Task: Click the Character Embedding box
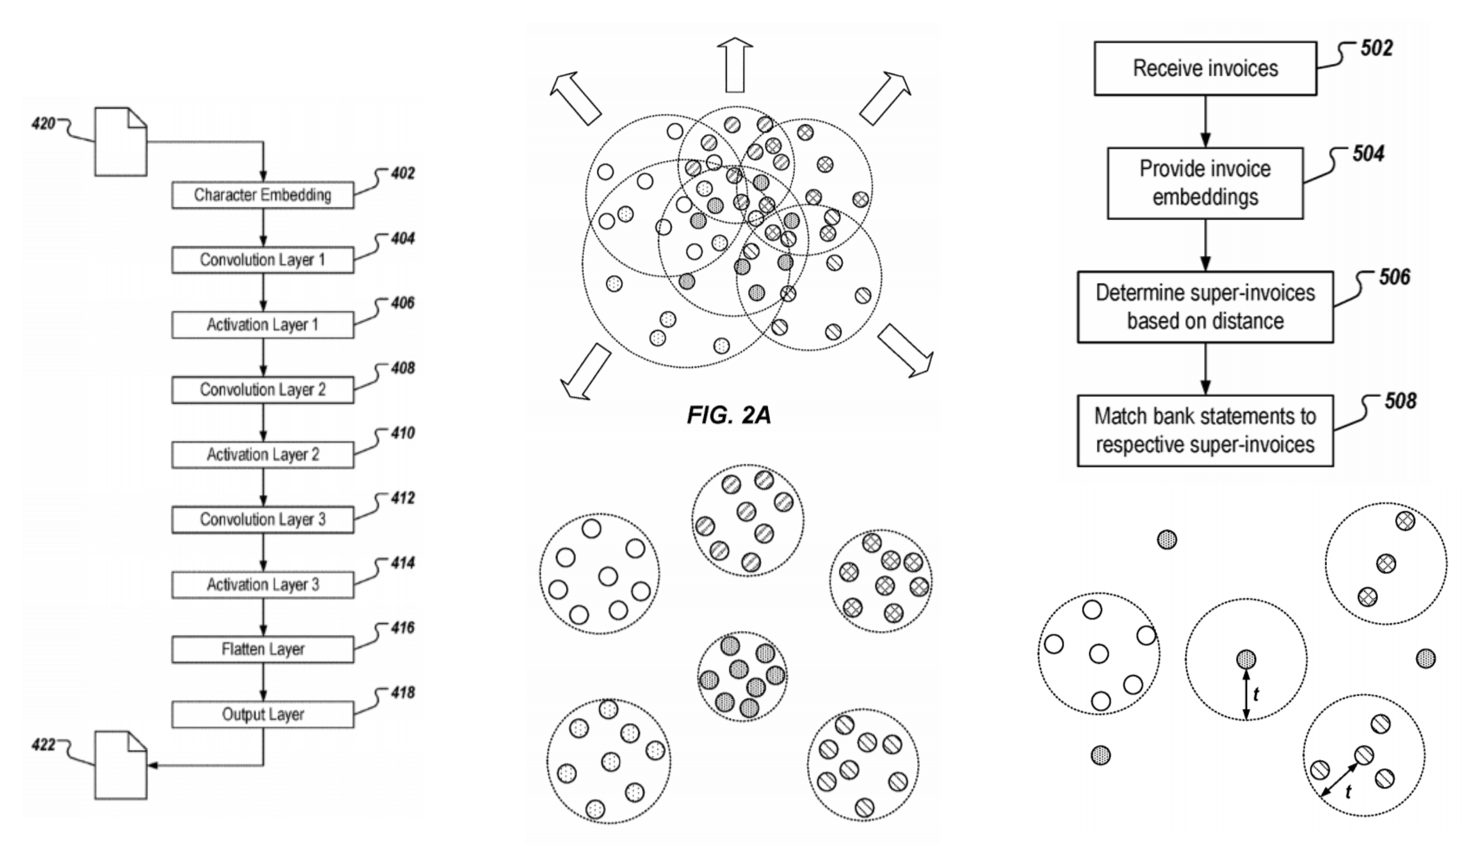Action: click(x=262, y=195)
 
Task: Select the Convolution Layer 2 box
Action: click(x=262, y=389)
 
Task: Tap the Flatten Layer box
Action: click(x=262, y=649)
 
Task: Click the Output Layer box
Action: click(x=262, y=715)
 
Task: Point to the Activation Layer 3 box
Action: click(x=262, y=584)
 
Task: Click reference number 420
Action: click(x=43, y=124)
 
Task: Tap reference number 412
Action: click(x=402, y=498)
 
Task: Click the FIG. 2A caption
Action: click(x=729, y=415)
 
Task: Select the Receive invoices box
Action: click(x=1205, y=68)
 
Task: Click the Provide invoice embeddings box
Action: click(x=1205, y=183)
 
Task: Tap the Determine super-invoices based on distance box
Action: click(x=1205, y=307)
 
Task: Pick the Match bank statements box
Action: click(x=1205, y=431)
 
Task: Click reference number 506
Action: click(x=1395, y=276)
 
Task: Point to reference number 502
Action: click(x=1376, y=48)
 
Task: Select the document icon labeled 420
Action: click(x=121, y=141)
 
